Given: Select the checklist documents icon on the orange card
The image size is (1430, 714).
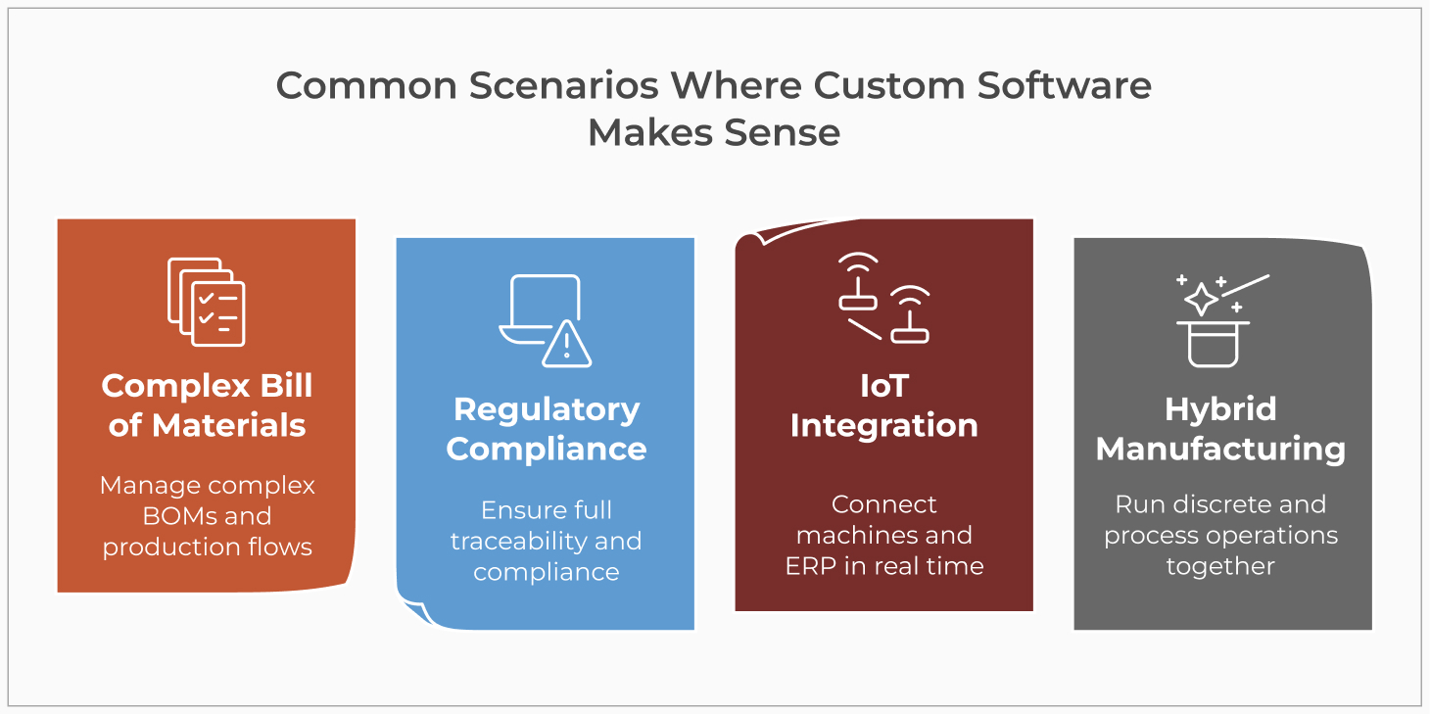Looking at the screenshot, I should [x=207, y=302].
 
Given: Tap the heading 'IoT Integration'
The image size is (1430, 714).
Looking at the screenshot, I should [x=883, y=405].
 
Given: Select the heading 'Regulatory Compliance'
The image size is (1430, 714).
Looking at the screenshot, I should [x=546, y=428].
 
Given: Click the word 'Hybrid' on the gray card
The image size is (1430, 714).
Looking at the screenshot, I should [x=1220, y=408].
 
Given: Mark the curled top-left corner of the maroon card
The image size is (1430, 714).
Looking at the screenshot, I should [x=747, y=238].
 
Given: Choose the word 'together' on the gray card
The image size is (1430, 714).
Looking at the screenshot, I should [x=1220, y=566].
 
